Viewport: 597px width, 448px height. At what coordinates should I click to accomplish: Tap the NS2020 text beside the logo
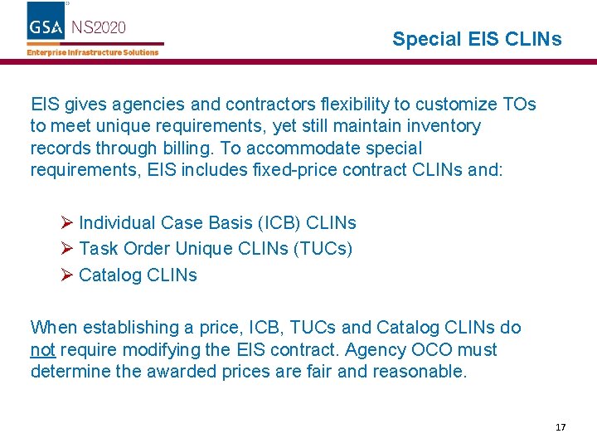(x=99, y=27)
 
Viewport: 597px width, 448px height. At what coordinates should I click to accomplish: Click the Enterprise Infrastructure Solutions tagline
(x=93, y=52)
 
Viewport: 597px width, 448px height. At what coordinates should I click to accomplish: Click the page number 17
(x=561, y=427)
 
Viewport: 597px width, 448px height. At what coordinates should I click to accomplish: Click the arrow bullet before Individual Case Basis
(x=67, y=222)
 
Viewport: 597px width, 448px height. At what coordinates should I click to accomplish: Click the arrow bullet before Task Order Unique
(x=67, y=248)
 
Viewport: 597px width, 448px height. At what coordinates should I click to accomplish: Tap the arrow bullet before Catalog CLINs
(x=67, y=275)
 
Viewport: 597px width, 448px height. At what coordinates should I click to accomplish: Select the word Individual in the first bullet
(x=117, y=222)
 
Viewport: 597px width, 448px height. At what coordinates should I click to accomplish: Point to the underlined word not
(x=42, y=349)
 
